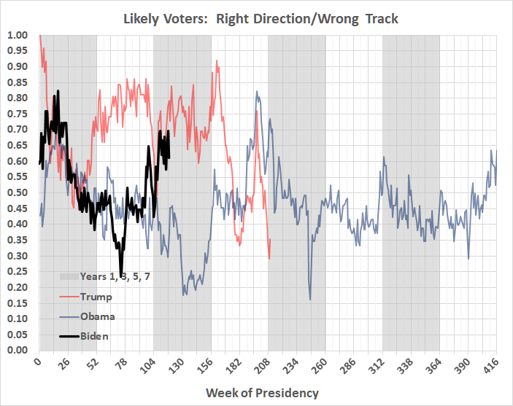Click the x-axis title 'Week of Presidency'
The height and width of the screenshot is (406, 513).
[x=262, y=393]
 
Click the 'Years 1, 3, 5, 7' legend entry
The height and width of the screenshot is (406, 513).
[x=107, y=277]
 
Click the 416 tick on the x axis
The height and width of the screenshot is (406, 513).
[x=489, y=365]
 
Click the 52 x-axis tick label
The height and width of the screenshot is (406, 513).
[x=95, y=365]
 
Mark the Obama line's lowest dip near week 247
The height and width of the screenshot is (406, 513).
[x=310, y=300]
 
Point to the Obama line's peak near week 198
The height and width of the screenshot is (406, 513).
[x=257, y=91]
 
